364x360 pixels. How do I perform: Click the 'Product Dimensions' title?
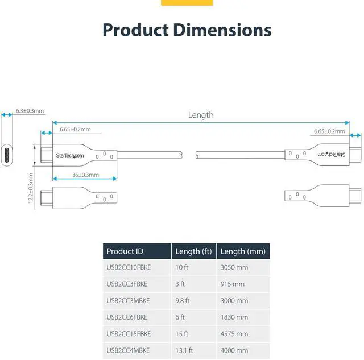tap(187, 30)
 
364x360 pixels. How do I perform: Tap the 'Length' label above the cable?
tap(201, 115)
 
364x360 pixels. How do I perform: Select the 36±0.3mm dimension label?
tap(85, 175)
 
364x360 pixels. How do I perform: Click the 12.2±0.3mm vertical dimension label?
tap(31, 190)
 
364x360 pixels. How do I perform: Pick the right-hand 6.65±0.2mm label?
tap(329, 131)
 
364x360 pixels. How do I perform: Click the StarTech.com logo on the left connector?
tap(70, 155)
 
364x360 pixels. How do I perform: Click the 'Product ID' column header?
tap(121, 251)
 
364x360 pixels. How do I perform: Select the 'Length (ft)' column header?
tap(193, 251)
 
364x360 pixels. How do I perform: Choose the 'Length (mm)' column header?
tap(241, 251)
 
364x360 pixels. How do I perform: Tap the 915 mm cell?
tap(233, 284)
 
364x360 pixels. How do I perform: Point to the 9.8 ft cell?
tap(183, 300)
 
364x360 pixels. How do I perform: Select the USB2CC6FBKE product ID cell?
tap(127, 317)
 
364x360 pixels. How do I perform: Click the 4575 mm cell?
tap(234, 333)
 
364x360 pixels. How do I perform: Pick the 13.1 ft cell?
tap(184, 350)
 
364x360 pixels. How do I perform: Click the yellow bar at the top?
tap(187, 3)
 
